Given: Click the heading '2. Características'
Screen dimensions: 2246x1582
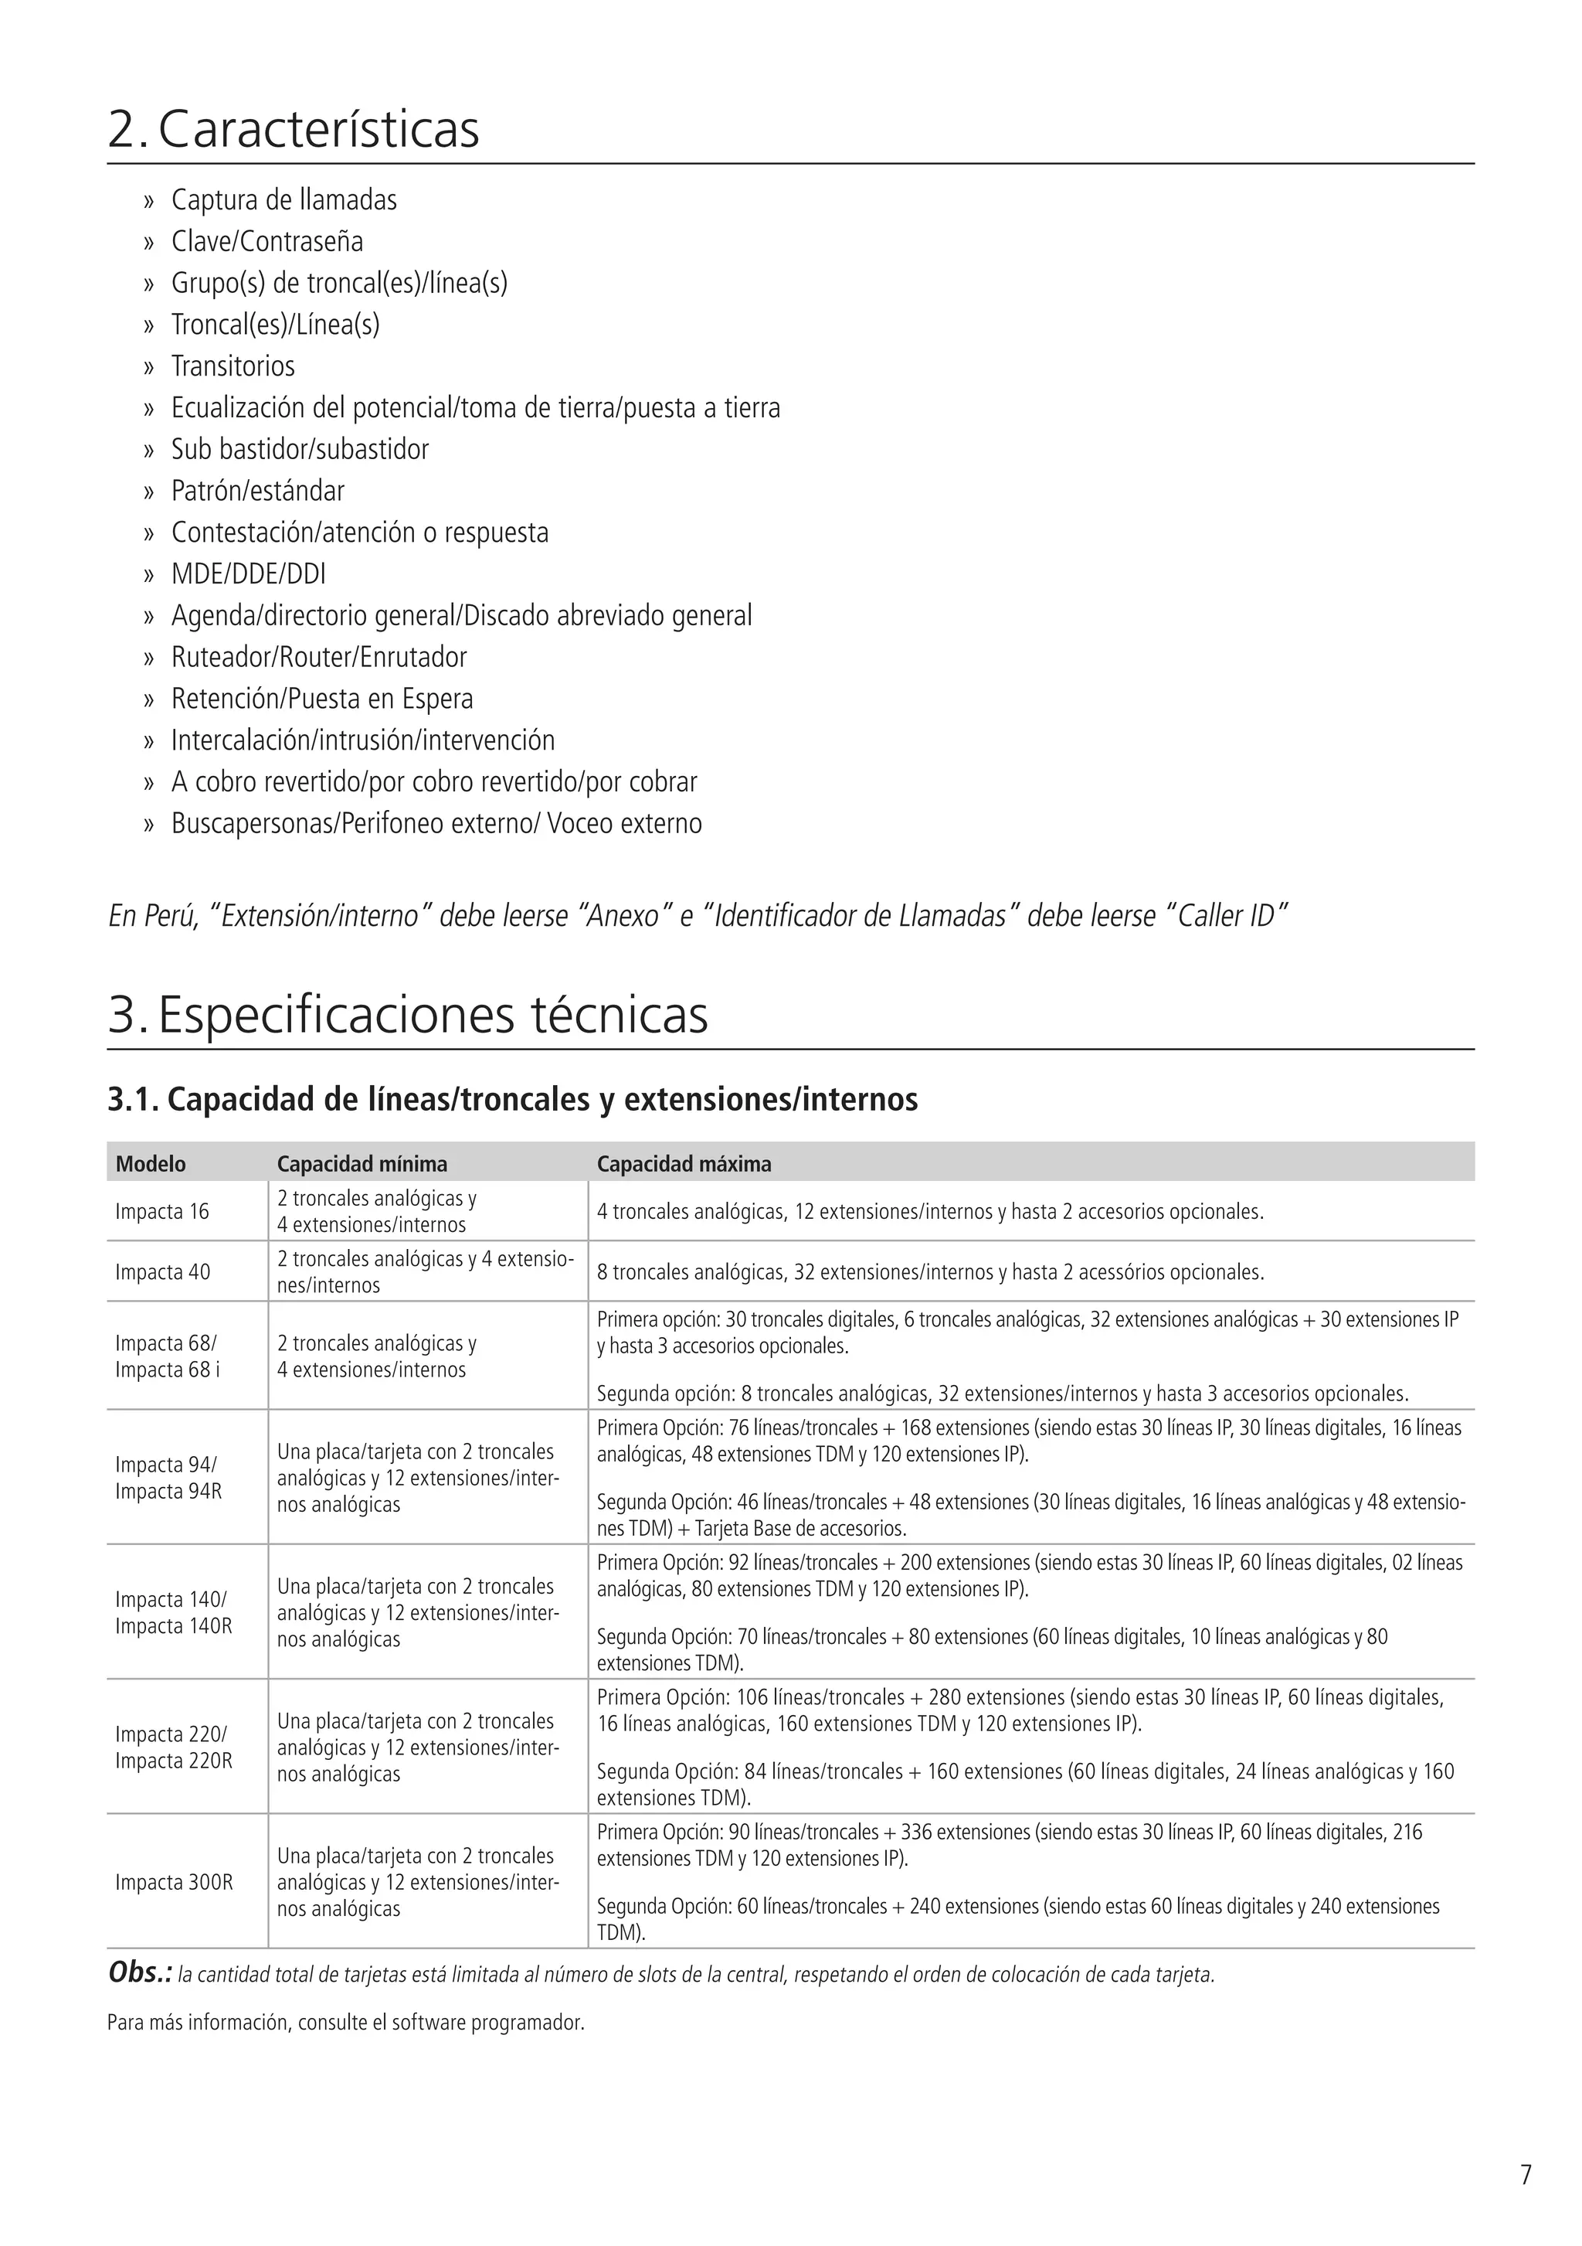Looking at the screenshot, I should [294, 130].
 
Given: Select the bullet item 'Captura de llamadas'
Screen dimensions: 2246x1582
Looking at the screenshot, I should [283, 200].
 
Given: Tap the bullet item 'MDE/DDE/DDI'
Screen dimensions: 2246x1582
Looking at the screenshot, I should [249, 574].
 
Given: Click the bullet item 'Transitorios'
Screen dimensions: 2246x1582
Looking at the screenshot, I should [233, 367].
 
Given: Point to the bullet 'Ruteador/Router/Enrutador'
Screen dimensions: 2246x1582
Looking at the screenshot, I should [319, 658].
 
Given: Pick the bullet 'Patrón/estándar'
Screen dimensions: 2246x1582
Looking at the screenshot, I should [258, 491].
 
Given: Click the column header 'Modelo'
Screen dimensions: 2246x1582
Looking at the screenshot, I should [151, 1164].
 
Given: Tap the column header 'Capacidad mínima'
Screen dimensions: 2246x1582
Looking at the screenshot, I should [362, 1164].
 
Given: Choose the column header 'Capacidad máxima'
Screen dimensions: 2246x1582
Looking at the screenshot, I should [684, 1164].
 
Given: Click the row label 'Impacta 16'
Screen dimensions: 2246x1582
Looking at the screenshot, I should [162, 1212].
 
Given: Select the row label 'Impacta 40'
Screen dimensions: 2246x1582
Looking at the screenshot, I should [162, 1273].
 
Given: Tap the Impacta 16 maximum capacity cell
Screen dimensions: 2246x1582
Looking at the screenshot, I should [930, 1212].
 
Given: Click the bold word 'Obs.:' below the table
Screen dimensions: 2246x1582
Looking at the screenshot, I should [140, 1974].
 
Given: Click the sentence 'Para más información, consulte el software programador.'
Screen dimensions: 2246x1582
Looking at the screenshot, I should [345, 2023].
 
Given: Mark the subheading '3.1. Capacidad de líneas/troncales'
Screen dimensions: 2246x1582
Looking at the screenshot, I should [512, 1101].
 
